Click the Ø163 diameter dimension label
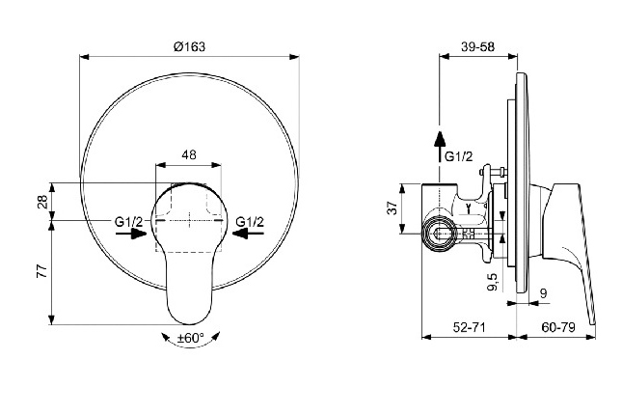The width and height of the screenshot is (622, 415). (x=189, y=46)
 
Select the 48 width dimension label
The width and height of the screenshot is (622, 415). (x=189, y=154)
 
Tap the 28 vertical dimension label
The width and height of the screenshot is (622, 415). (x=42, y=202)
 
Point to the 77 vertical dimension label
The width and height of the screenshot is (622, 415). (x=42, y=272)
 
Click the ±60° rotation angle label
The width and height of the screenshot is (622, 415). (x=190, y=338)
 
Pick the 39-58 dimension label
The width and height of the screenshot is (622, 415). (x=477, y=46)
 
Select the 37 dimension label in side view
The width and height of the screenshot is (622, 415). (x=392, y=207)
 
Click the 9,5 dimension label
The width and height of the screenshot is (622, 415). (x=493, y=282)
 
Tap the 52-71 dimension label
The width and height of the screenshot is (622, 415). (x=470, y=327)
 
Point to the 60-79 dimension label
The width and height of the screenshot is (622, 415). (x=558, y=327)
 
